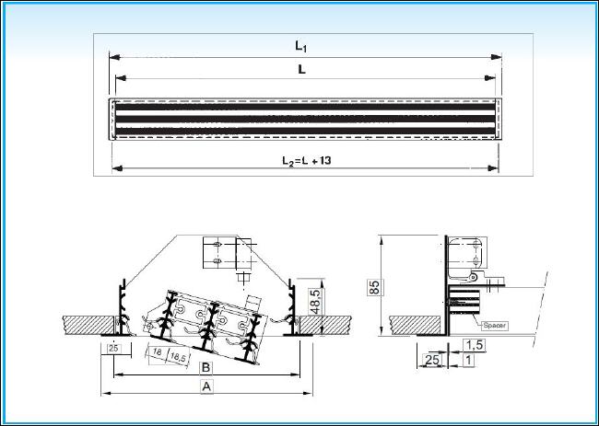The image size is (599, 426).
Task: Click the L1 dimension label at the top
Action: coord(301,46)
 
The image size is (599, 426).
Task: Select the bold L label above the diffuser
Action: coord(301,69)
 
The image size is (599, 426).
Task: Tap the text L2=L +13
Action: coord(306,161)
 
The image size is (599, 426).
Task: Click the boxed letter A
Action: coord(206,386)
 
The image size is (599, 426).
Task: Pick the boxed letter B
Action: coord(206,368)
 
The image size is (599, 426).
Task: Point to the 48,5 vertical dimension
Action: coord(315,301)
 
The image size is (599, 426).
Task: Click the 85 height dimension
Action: coord(375,287)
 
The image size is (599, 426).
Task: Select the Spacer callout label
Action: coord(495,326)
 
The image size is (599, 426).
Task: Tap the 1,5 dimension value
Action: coord(475,345)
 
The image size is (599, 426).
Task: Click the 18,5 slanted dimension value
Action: coord(177,357)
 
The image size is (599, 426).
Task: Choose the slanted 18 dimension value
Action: coord(157,351)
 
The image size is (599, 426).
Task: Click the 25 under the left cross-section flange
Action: coord(113,348)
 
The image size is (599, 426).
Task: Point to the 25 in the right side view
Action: coord(432,359)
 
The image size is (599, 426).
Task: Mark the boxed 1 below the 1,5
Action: coord(469,359)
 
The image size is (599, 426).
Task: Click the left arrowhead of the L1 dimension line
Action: coord(114,57)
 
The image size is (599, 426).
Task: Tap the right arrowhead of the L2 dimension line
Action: coord(494,168)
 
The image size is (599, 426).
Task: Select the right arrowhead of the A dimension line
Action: coord(308,393)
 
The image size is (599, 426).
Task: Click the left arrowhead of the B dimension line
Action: coord(119,374)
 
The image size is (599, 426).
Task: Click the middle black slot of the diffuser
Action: coord(305,119)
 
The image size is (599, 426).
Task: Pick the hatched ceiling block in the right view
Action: coord(416,326)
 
